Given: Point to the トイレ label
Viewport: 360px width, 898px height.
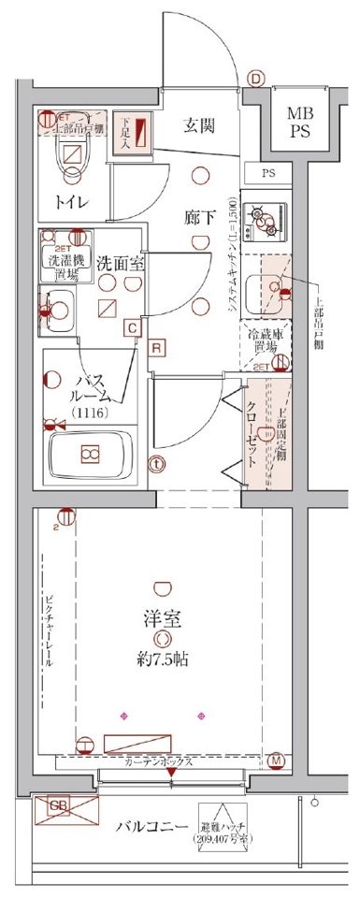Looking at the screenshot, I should tap(71, 199).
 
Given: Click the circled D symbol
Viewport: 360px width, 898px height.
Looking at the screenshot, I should tap(256, 80).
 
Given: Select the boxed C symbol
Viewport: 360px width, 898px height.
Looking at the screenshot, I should tap(133, 327).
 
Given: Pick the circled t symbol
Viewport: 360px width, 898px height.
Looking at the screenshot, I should tap(157, 462).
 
